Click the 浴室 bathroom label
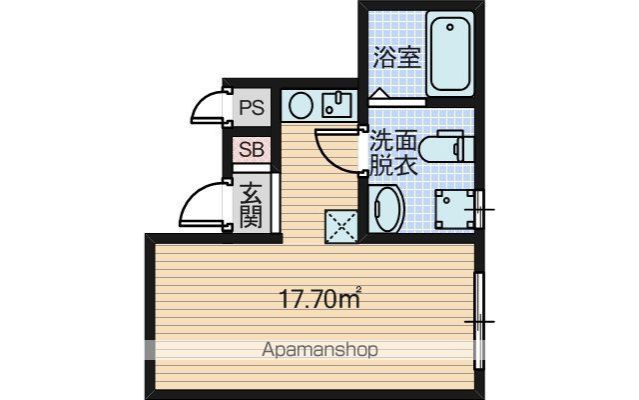tap(397, 57)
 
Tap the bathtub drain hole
tap(450, 27)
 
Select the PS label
tap(252, 108)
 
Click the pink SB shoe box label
tap(252, 149)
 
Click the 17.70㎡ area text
tap(320, 298)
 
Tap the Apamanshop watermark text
tap(319, 350)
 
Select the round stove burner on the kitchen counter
tap(301, 105)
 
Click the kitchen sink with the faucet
tap(336, 105)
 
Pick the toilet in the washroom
tap(446, 146)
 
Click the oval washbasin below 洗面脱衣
tap(388, 209)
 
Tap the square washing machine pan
tap(454, 209)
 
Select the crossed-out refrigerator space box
tap(341, 226)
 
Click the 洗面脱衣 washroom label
tap(392, 152)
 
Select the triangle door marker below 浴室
tap(378, 93)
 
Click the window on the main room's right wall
tap(479, 321)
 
